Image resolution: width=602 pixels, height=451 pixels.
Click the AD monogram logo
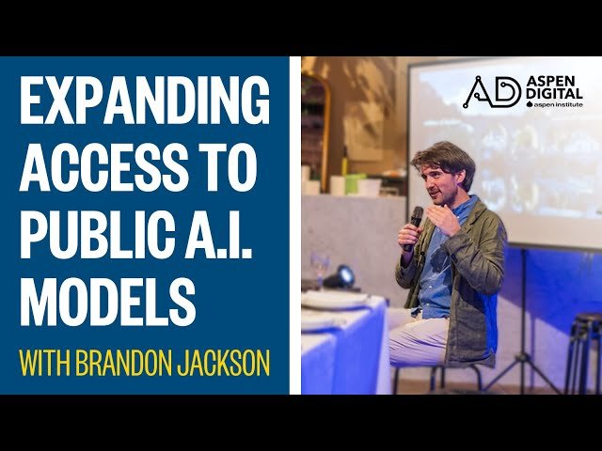coord(492,92)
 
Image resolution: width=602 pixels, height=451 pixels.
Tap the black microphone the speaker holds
coord(414,225)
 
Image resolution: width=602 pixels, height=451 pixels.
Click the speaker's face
coord(450,179)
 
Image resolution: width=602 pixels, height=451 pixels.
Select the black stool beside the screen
coord(582,348)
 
